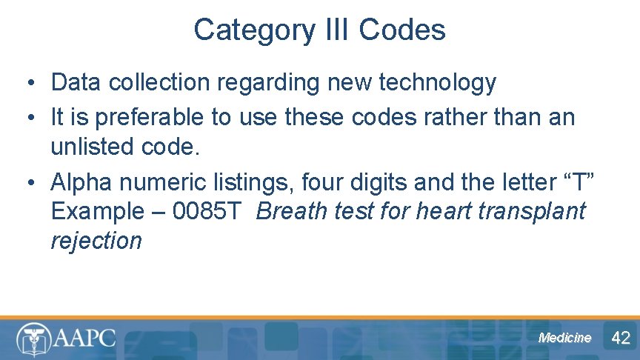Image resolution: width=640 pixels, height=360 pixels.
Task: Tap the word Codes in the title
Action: point(401,30)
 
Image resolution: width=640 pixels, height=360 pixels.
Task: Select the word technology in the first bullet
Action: point(437,82)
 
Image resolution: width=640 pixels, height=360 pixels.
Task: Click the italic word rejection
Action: point(96,241)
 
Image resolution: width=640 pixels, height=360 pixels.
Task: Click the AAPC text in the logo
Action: point(84,338)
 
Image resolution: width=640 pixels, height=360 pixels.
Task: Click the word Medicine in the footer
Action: point(565,338)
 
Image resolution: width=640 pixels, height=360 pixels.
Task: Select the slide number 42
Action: point(621,338)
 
